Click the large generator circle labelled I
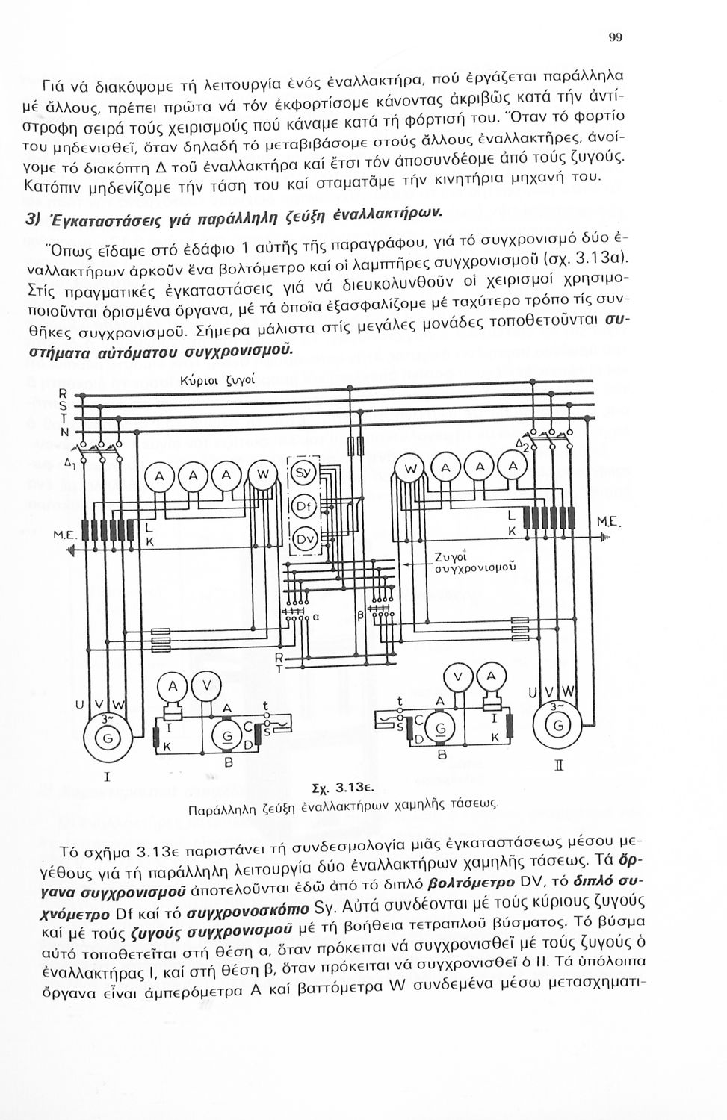pyautogui.click(x=111, y=737)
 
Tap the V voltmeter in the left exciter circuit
pyautogui.click(x=207, y=684)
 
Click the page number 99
pyautogui.click(x=616, y=36)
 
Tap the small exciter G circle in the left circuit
pyautogui.click(x=225, y=736)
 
